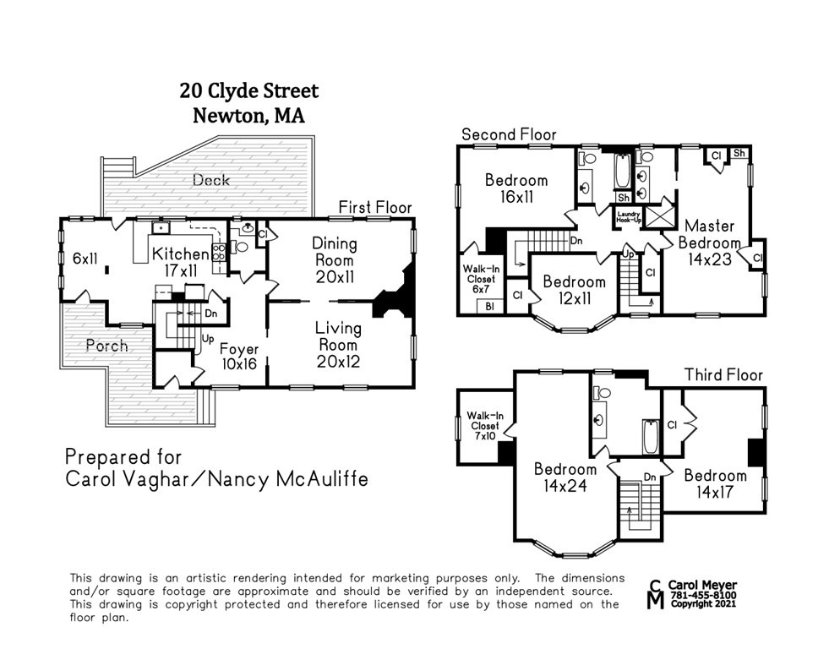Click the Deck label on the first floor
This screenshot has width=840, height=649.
pyautogui.click(x=211, y=180)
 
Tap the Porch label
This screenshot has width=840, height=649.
pyautogui.click(x=107, y=346)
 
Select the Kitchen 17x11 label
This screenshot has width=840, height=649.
pyautogui.click(x=181, y=262)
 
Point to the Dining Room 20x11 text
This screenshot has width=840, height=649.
pyautogui.click(x=335, y=260)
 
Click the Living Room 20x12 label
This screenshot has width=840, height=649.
pyautogui.click(x=338, y=345)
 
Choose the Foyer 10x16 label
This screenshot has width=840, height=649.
pyautogui.click(x=239, y=357)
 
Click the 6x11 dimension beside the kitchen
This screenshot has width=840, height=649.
pyautogui.click(x=85, y=259)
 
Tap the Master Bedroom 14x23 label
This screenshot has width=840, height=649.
pyautogui.click(x=710, y=243)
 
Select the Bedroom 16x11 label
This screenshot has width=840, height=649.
pyautogui.click(x=516, y=188)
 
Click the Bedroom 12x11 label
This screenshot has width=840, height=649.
pyautogui.click(x=575, y=290)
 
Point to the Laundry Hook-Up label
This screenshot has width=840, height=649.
pyautogui.click(x=629, y=217)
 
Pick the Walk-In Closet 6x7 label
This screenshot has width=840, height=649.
pyautogui.click(x=481, y=279)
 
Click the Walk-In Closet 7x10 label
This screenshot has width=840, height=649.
pyautogui.click(x=485, y=426)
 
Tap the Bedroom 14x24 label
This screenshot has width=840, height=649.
pyautogui.click(x=565, y=477)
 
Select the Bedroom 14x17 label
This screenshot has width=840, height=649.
pyautogui.click(x=715, y=483)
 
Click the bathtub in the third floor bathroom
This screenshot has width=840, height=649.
pyautogui.click(x=650, y=437)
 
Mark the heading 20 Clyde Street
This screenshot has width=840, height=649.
pyautogui.click(x=249, y=91)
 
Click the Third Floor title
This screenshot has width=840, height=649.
pyautogui.click(x=723, y=374)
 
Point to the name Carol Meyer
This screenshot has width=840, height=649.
pyautogui.click(x=702, y=586)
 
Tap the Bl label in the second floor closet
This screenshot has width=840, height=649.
pyautogui.click(x=489, y=306)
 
